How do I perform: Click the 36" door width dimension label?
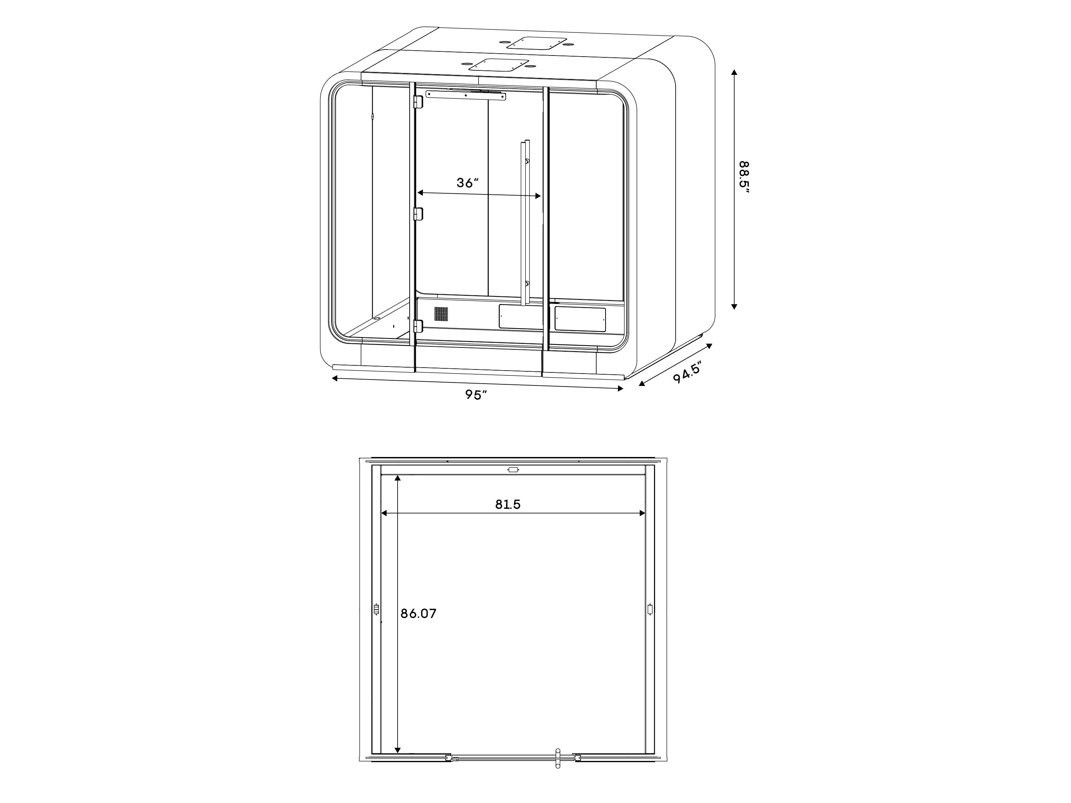467,183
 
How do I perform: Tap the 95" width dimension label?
476,395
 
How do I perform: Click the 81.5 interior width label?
508,504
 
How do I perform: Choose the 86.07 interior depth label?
418,614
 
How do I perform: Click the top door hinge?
417,102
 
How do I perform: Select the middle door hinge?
417,213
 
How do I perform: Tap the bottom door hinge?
417,326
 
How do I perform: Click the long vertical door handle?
525,223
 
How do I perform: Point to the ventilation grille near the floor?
440,314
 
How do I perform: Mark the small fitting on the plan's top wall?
513,470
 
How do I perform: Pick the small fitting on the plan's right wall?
650,609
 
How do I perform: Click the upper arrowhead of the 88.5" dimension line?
734,73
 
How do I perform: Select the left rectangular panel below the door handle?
521,317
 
